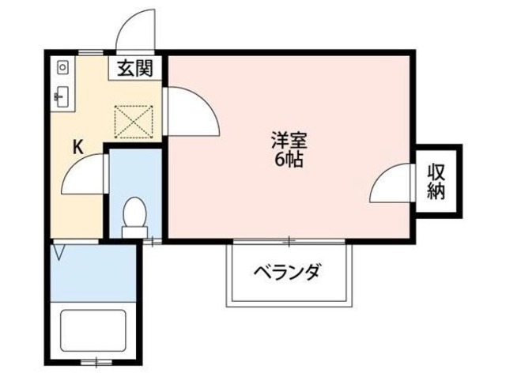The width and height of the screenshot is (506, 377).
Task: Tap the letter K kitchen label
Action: pyautogui.click(x=78, y=146)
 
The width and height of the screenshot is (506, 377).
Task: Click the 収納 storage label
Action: pyautogui.click(x=436, y=181)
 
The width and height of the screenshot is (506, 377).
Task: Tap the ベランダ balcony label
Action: pyautogui.click(x=288, y=273)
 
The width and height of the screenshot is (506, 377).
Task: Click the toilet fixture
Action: pyautogui.click(x=134, y=217)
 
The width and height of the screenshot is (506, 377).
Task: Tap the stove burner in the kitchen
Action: pyautogui.click(x=62, y=68)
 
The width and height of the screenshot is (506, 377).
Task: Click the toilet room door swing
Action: pyautogui.click(x=84, y=174)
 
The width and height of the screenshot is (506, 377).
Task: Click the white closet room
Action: pyautogui.click(x=436, y=182)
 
